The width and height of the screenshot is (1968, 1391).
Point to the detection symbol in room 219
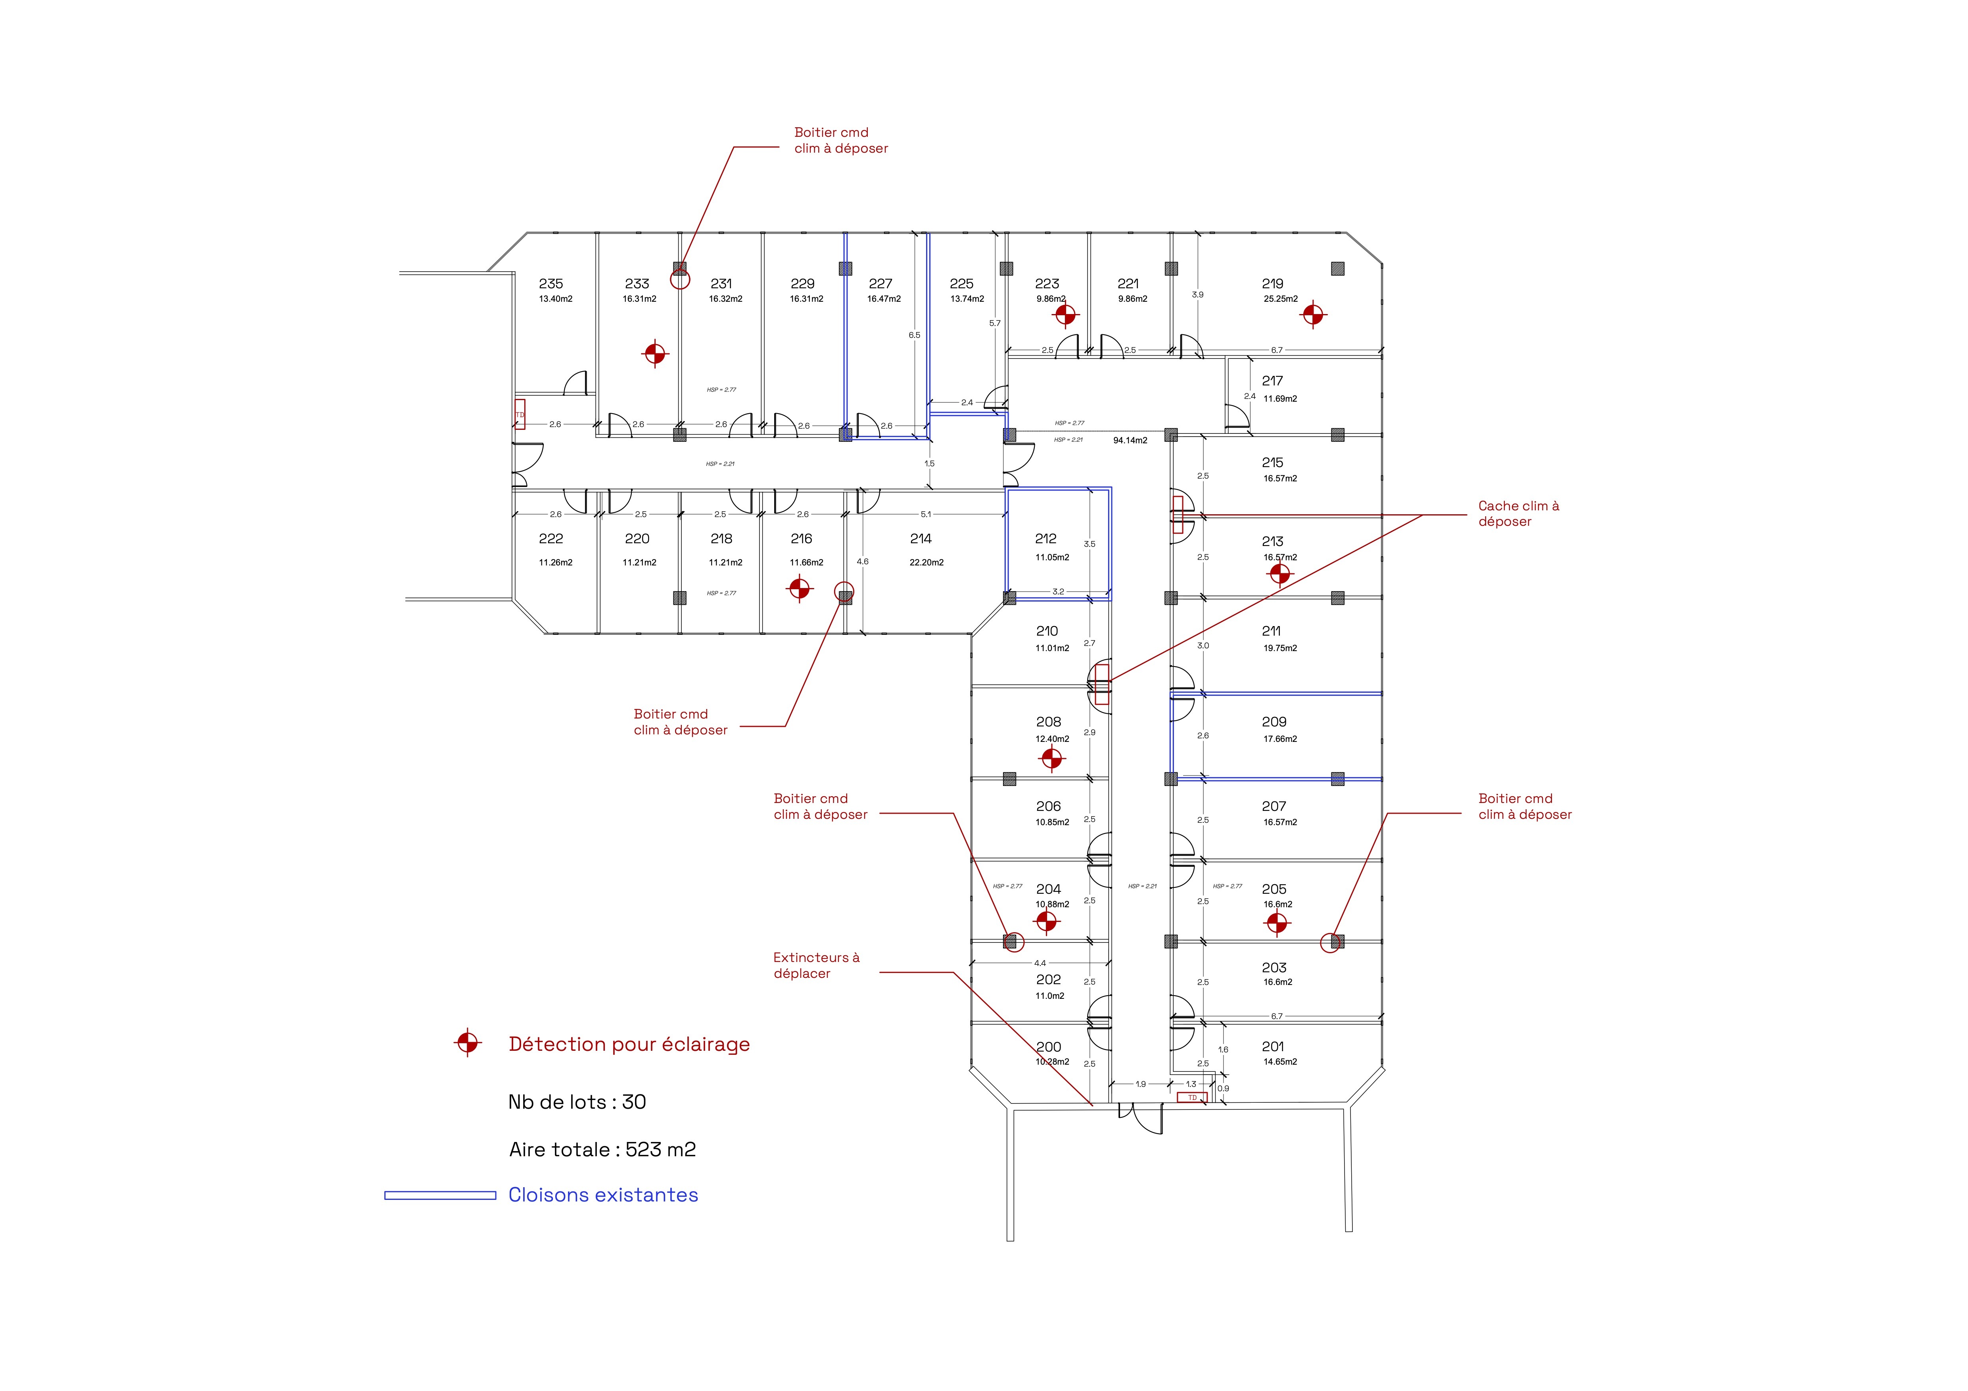[x=1312, y=315]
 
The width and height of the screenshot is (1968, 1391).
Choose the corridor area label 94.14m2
[x=1130, y=441]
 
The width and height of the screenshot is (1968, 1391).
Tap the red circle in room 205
[x=1329, y=943]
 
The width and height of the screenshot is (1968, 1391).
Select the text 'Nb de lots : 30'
[x=577, y=1102]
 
